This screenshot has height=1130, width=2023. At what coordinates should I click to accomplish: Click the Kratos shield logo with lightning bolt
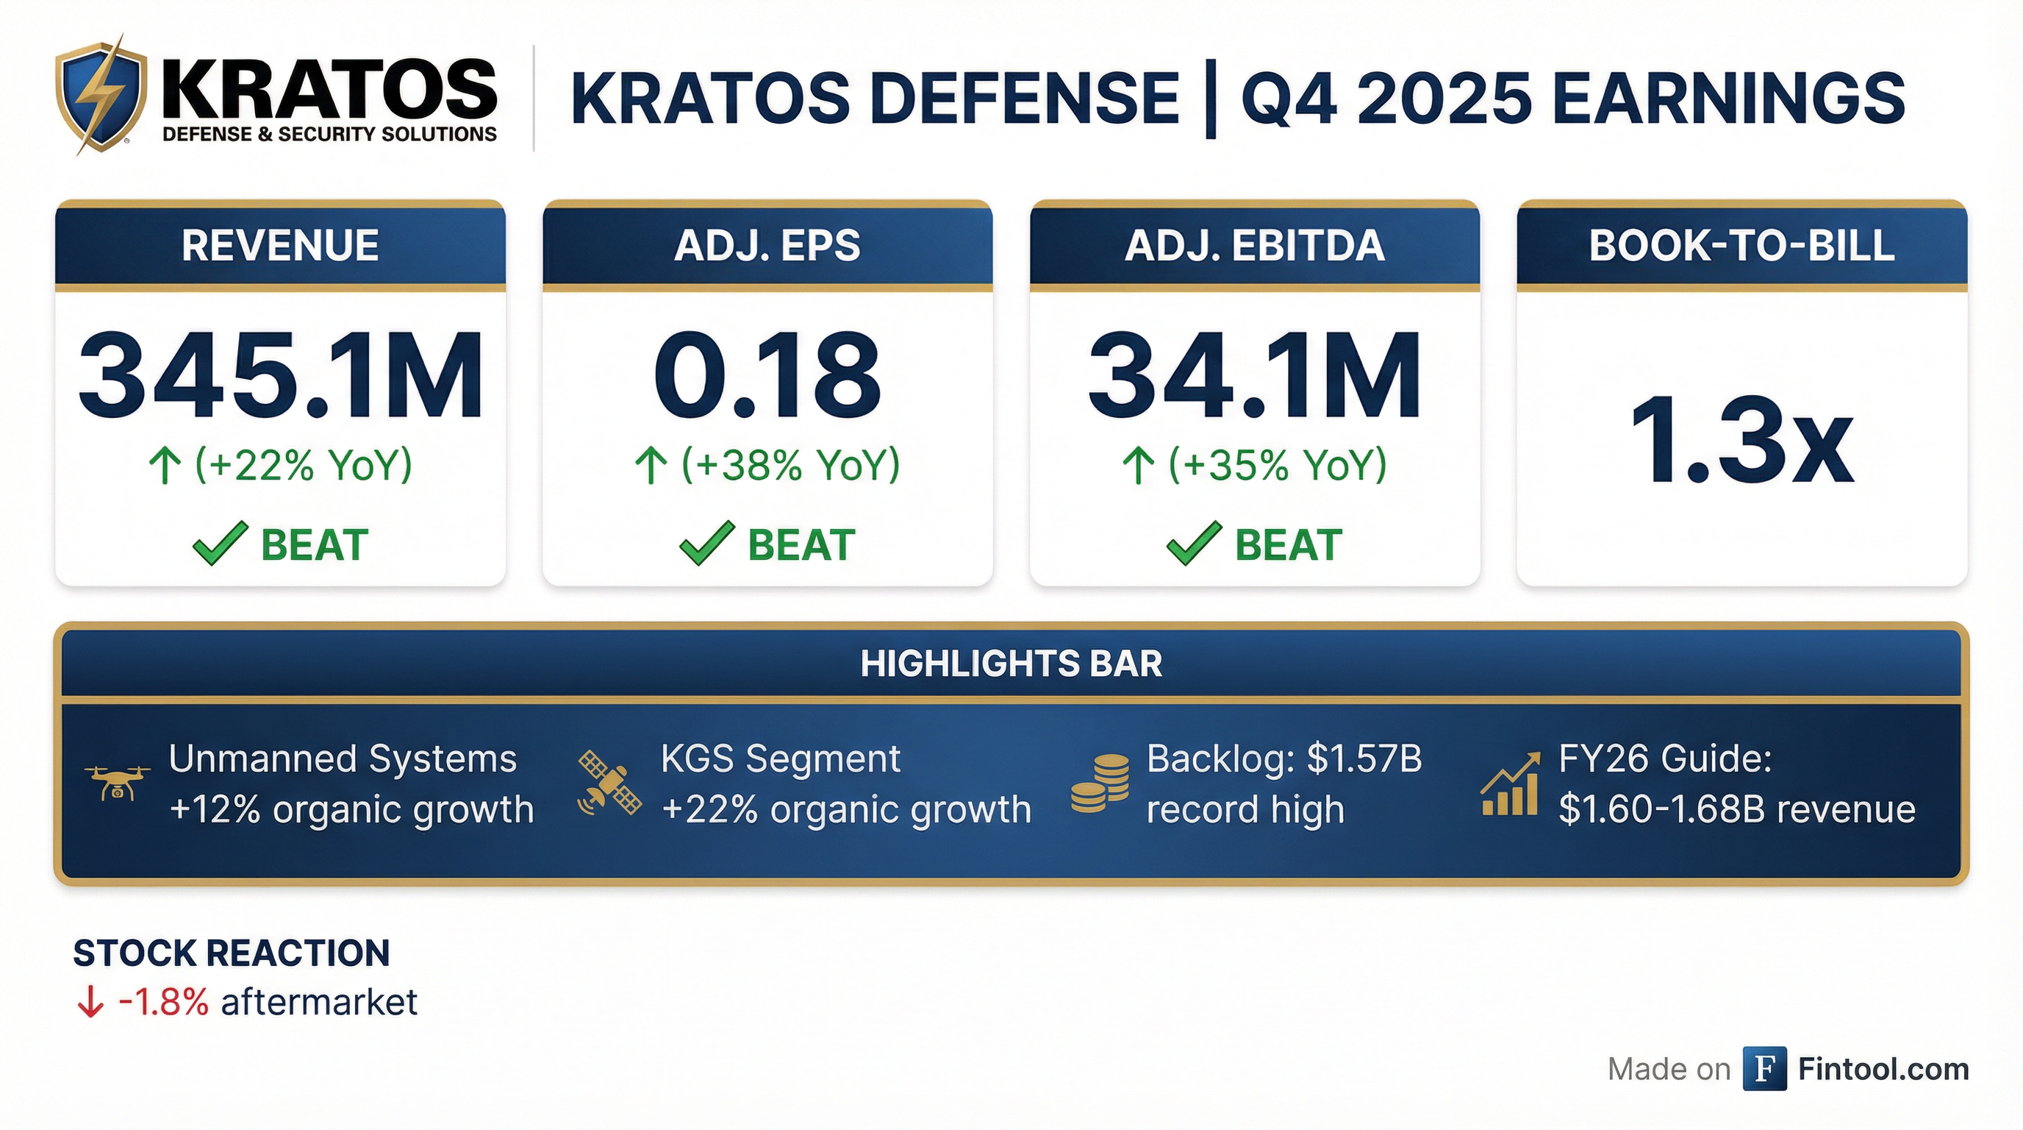pos(101,94)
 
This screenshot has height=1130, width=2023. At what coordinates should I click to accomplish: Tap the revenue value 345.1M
pos(280,375)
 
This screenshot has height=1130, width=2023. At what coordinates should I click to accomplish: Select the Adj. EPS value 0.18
pos(767,375)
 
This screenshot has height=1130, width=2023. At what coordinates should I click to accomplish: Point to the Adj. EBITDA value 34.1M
pos(1254,375)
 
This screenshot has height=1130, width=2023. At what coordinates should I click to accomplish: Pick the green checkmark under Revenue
pos(221,543)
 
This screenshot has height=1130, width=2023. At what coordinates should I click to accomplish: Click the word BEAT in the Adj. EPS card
pos(801,544)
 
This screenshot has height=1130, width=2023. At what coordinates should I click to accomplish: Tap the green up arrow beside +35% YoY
pos(1138,465)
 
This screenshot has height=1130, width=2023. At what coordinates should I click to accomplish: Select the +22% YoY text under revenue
pos(303,464)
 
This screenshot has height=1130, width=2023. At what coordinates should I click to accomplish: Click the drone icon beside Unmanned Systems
pos(117,783)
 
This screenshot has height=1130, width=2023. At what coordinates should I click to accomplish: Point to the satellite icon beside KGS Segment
pos(609,783)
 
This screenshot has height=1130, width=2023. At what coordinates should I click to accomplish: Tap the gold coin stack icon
pos(1100,783)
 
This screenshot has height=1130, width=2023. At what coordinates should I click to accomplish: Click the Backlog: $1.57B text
pos(1284,759)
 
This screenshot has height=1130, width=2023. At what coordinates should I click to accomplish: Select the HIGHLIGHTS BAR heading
pos(1011,664)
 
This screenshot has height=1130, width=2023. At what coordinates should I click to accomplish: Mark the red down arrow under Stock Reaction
pos(90,1002)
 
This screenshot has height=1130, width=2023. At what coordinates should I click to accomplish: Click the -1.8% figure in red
pos(163,1002)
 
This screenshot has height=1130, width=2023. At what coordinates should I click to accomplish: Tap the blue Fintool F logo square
pos(1765,1069)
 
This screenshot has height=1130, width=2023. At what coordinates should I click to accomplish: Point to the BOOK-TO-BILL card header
pos(1742,245)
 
